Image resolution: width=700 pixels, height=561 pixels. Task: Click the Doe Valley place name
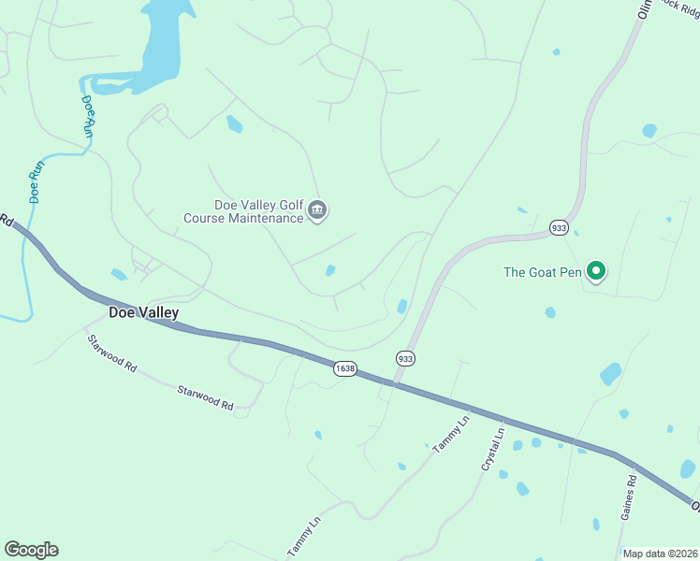point(143,313)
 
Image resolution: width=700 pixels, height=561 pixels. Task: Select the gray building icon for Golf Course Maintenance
point(317,211)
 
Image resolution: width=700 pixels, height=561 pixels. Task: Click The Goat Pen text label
point(543,272)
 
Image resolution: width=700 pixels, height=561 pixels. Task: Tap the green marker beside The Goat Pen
point(595,272)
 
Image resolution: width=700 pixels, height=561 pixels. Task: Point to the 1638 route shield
point(344,368)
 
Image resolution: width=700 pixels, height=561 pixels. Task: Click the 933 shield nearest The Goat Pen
point(559,227)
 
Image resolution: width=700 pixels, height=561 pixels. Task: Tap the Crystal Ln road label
point(492,448)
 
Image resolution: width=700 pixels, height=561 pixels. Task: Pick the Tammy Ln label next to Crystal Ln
point(451,436)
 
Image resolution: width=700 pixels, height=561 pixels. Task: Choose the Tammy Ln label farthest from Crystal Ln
point(303,533)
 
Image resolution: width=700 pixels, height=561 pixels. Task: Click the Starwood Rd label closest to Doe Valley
point(110,353)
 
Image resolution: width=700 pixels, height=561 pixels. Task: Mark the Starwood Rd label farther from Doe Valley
point(204,396)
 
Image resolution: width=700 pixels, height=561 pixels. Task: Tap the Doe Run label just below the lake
point(89,115)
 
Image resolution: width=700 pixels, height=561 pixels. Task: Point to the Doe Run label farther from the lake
point(36,182)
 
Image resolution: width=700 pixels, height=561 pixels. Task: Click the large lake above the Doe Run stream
point(164,47)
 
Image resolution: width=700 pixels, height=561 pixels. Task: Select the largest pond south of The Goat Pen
point(610,374)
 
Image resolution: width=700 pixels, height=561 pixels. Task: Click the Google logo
point(31,550)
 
